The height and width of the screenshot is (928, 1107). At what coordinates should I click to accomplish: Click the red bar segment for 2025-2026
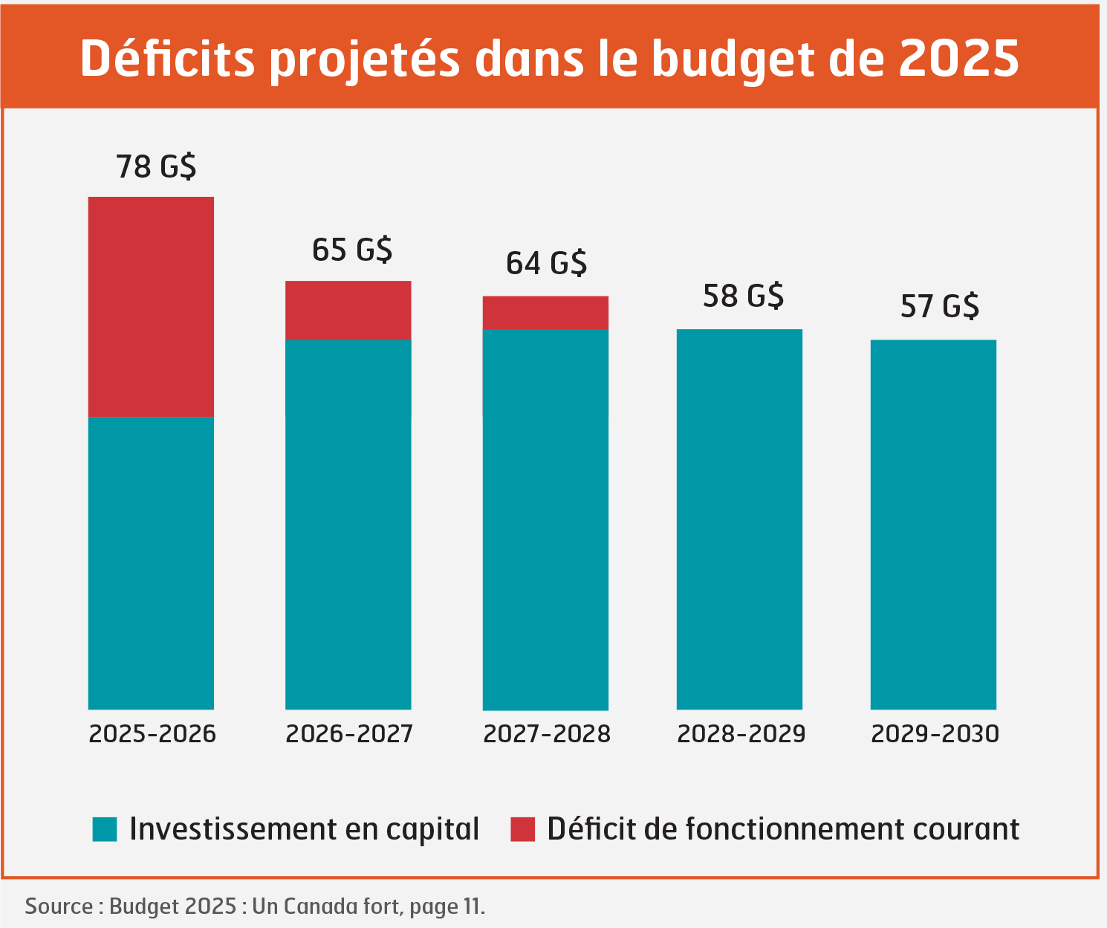(151, 306)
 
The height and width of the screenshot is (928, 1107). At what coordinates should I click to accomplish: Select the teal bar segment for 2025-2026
(151, 562)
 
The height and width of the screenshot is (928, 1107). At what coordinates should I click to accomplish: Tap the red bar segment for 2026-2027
(348, 310)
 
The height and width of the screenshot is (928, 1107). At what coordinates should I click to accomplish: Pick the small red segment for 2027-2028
(545, 312)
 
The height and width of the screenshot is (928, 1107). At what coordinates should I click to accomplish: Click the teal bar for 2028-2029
(739, 519)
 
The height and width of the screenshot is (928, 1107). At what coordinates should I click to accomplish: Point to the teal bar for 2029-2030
(933, 524)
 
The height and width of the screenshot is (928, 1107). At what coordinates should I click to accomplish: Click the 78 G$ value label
(156, 166)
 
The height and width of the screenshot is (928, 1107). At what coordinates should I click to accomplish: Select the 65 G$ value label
(352, 250)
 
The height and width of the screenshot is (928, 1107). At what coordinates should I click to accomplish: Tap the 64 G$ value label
(547, 264)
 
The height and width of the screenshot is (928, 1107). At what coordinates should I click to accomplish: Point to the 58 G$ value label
(743, 296)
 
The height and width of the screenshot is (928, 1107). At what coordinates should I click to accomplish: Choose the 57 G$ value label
(939, 306)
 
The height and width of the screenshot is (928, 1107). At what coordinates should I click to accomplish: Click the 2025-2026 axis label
(152, 734)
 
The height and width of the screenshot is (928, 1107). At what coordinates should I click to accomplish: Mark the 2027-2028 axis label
(547, 734)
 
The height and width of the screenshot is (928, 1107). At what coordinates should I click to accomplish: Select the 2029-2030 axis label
(935, 734)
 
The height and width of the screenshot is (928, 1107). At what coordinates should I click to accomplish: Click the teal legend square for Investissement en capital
(105, 829)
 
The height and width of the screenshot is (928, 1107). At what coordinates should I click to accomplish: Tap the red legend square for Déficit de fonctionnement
(522, 829)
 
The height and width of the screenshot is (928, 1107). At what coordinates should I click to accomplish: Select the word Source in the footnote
(59, 906)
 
